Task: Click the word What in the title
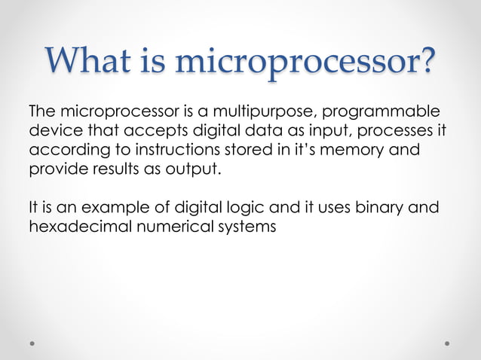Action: (x=89, y=61)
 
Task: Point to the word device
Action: (x=52, y=132)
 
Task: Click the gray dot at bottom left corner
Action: (x=32, y=343)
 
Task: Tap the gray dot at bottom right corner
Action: (x=447, y=343)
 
